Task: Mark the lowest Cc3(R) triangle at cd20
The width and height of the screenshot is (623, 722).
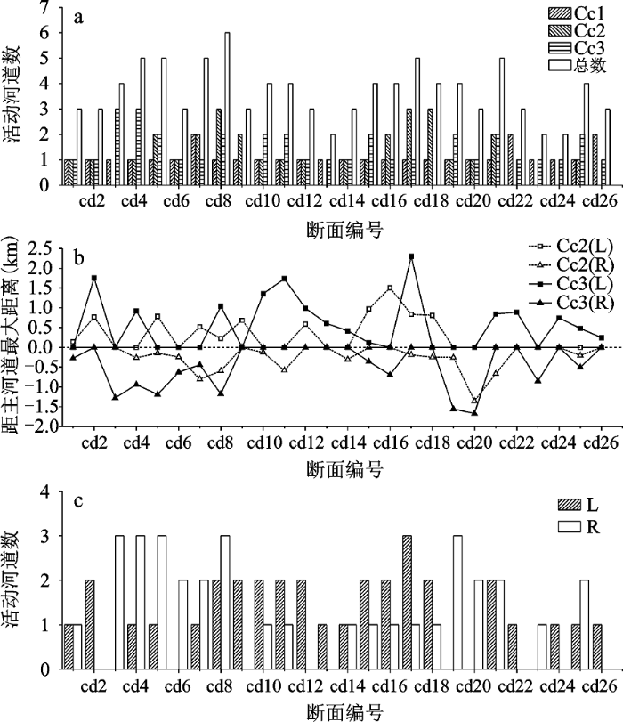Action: click(474, 412)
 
